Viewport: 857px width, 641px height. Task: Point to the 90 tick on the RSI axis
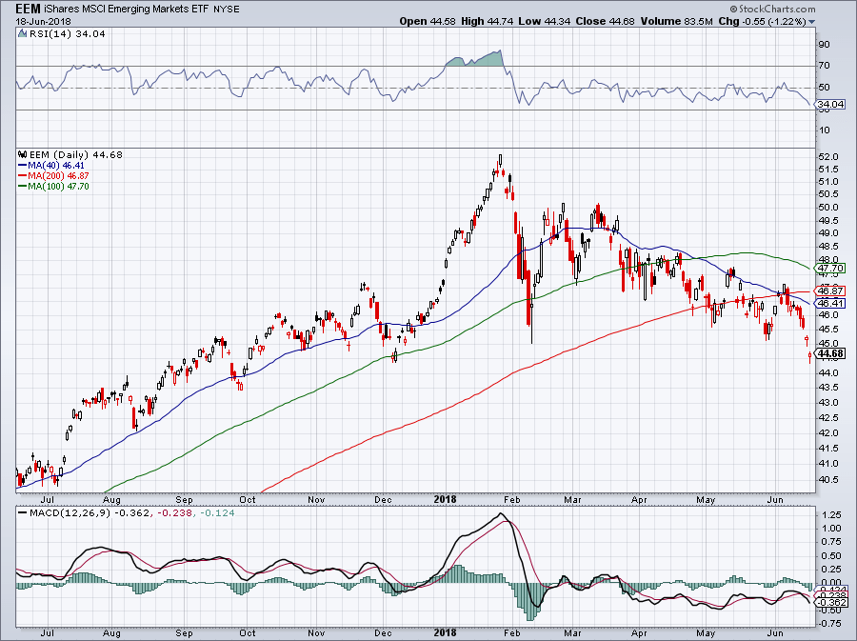point(825,44)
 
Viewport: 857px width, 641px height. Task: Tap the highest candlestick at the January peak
point(500,162)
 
